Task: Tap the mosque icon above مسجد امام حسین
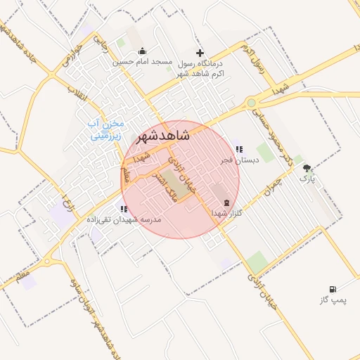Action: pyautogui.click(x=143, y=51)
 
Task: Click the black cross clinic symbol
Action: pyautogui.click(x=200, y=52)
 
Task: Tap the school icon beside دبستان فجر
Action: pyautogui.click(x=239, y=149)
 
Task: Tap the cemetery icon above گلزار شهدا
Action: pyautogui.click(x=226, y=202)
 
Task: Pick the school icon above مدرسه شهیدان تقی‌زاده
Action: pyautogui.click(x=124, y=209)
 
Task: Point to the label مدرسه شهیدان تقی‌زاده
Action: pyautogui.click(x=124, y=219)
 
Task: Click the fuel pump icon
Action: pyautogui.click(x=332, y=289)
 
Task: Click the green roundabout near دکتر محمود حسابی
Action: pyautogui.click(x=251, y=103)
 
